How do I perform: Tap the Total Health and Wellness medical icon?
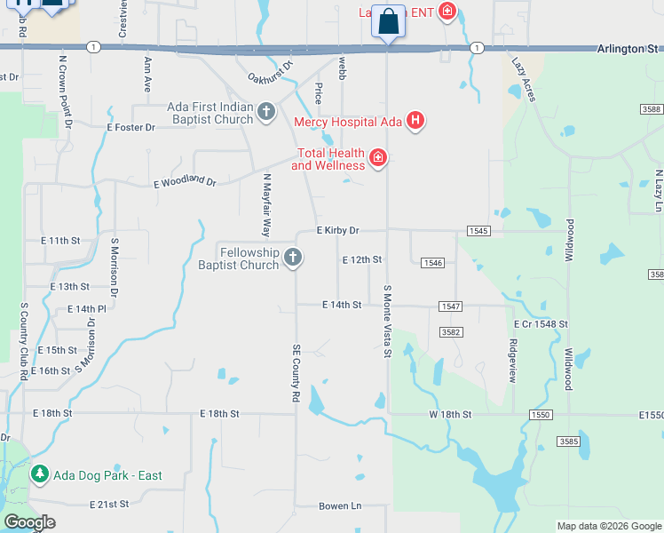pos(378,158)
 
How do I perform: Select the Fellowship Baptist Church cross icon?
pos(293,259)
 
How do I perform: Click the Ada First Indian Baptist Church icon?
pos(265,113)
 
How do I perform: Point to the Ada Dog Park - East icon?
pos(39,474)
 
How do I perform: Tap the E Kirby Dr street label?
pos(338,230)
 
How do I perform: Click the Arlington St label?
pos(629,49)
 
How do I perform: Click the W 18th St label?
pos(454,414)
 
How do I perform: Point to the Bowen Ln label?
pos(340,506)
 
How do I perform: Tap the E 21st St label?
pos(109,504)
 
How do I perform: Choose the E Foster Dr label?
pos(130,128)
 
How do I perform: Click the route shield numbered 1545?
pos(478,231)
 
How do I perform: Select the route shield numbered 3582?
pos(451,332)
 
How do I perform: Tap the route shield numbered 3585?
pos(568,442)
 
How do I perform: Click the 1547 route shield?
pos(450,306)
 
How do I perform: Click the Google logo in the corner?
pos(29,522)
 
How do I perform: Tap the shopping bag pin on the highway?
pos(388,20)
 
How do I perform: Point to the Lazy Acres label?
pos(524,79)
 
